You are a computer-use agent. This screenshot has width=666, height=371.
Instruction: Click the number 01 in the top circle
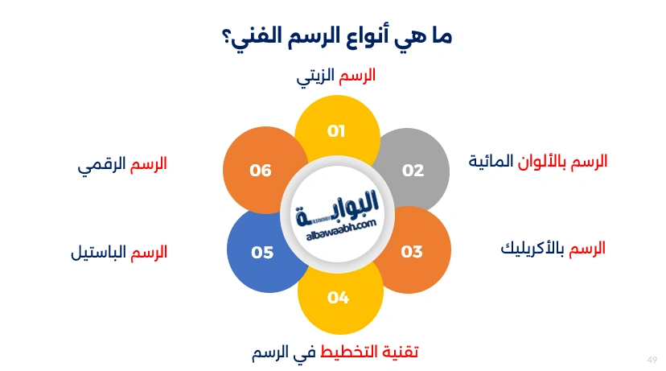(x=336, y=131)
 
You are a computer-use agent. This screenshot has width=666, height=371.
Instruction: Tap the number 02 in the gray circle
(x=413, y=171)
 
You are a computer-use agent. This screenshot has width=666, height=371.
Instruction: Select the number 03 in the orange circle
(x=412, y=253)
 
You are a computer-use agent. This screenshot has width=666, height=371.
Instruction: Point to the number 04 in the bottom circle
(x=338, y=298)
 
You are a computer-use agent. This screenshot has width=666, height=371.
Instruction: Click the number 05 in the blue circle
(x=262, y=253)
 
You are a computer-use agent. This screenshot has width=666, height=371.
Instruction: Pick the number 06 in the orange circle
(x=261, y=171)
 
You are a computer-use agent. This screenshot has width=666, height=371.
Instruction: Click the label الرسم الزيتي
(x=334, y=76)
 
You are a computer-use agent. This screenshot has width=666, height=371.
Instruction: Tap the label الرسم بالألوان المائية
(x=538, y=162)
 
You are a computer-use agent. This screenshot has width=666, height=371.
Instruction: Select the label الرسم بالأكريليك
(x=553, y=249)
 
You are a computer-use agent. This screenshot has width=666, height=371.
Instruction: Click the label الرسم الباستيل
(x=118, y=253)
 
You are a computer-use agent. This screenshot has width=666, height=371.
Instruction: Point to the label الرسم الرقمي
(x=121, y=164)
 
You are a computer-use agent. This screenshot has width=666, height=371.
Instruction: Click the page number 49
(x=652, y=359)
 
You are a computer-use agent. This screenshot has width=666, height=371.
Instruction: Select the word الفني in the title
(x=250, y=36)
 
